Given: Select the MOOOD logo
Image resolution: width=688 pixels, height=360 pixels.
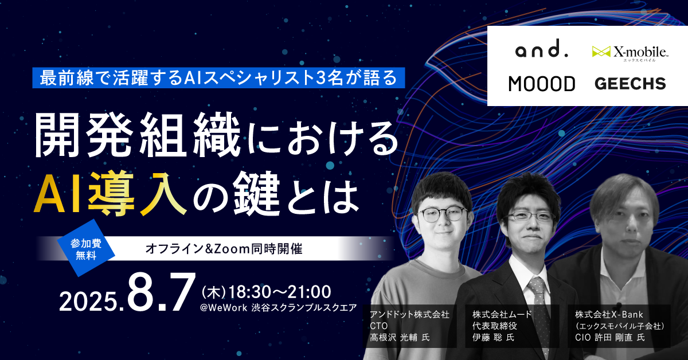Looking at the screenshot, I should [541, 84].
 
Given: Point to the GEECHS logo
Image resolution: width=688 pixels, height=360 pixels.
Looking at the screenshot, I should [630, 84].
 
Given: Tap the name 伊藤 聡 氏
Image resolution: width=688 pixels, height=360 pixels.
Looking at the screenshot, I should [493, 338].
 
